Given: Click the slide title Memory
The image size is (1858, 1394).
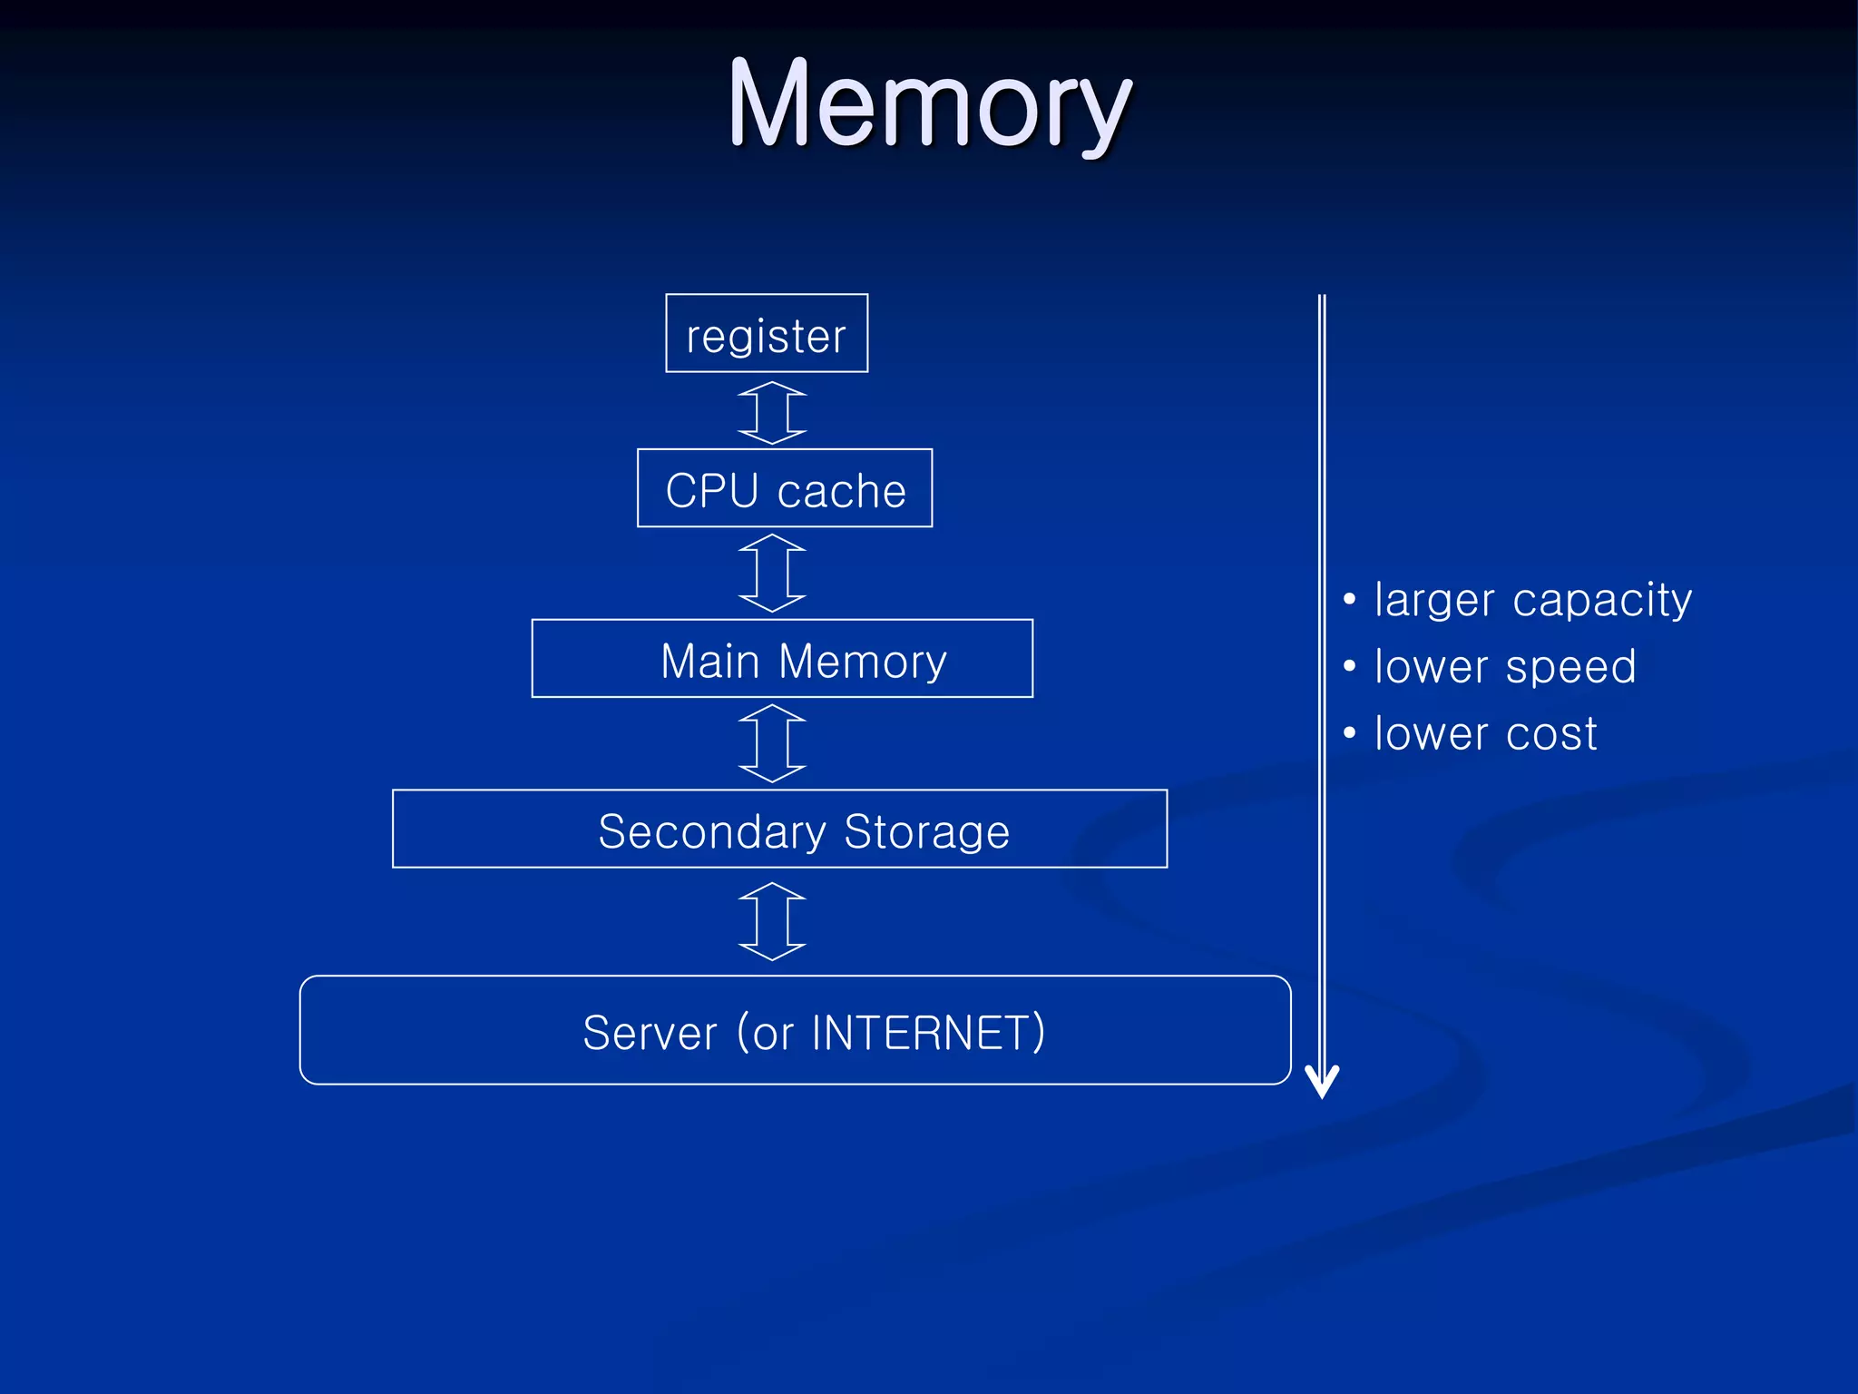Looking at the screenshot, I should pos(929,104).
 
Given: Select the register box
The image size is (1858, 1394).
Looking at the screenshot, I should pos(767,333).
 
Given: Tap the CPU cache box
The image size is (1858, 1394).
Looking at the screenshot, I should pos(785,488).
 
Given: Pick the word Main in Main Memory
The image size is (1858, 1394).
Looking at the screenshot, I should pos(709,661).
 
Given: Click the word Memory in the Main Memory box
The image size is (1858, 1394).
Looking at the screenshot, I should pos(863,661).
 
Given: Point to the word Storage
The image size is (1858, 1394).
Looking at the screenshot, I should pos(926,831).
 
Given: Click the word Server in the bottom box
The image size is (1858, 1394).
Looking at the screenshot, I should pos(650,1033).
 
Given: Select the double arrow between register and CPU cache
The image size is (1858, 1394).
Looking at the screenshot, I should pos(772,412).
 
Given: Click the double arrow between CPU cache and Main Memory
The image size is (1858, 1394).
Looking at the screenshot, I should pos(772,573).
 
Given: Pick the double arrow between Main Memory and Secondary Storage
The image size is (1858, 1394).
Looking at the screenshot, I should pos(772,743).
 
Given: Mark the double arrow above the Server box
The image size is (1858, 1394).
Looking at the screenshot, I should pos(772,921).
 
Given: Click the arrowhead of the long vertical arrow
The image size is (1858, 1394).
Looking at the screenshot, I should pos(1322,1082).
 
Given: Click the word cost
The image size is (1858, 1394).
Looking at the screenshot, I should pos(1551,733).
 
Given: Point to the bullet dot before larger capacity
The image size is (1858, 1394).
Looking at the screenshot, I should pos(1350,599).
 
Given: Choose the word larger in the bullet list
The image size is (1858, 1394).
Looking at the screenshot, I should pos(1433,601).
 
